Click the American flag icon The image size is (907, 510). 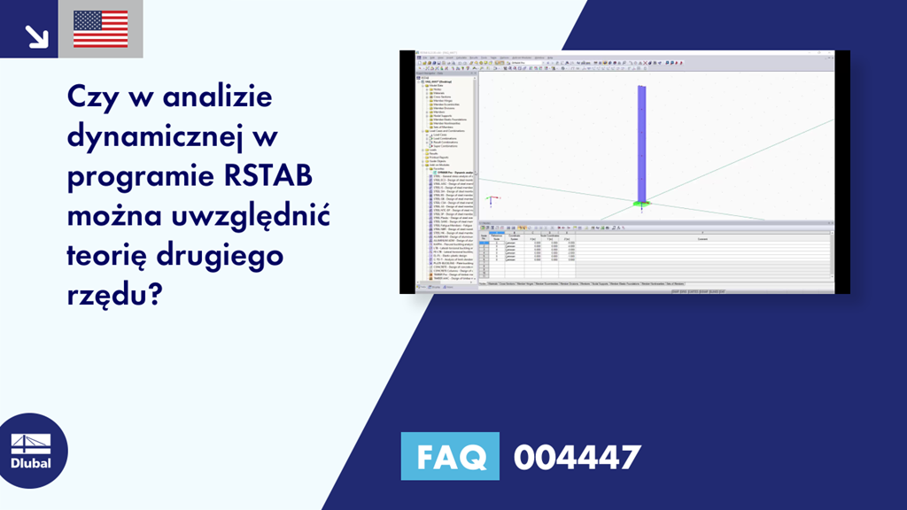click(x=100, y=28)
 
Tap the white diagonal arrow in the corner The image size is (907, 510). click(x=35, y=35)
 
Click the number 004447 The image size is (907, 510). click(x=577, y=457)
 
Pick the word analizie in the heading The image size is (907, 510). click(x=213, y=97)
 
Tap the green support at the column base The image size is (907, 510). click(x=641, y=205)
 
